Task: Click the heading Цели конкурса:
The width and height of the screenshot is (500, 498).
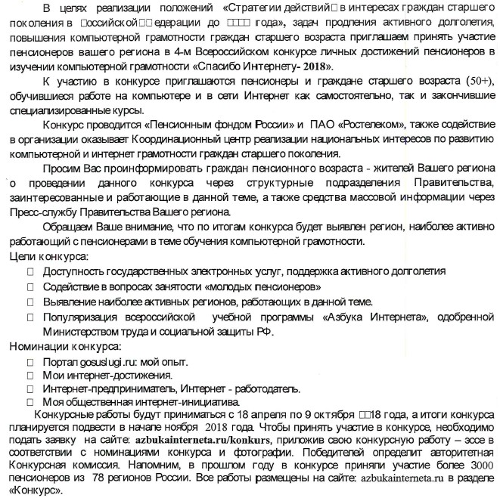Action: pyautogui.click(x=45, y=258)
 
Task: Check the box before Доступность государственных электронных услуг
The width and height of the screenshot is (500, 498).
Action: pyautogui.click(x=31, y=272)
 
